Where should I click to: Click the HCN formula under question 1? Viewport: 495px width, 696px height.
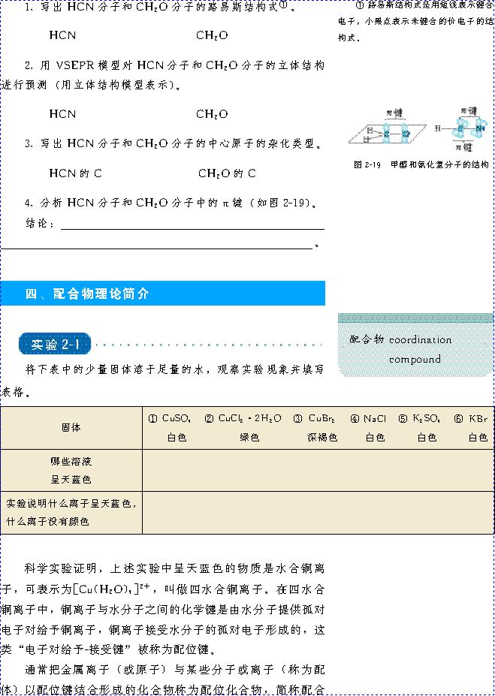tap(62, 35)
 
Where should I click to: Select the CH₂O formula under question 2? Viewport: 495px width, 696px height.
tap(212, 114)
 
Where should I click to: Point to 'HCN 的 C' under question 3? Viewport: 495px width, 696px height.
tap(75, 173)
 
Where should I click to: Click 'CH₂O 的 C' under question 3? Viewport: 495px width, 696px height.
tap(227, 173)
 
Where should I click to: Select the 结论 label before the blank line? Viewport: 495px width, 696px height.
tap(40, 224)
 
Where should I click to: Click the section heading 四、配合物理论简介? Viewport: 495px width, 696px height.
tap(87, 294)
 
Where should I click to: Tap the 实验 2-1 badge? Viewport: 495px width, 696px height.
tap(56, 345)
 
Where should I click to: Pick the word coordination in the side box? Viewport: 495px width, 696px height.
tap(420, 339)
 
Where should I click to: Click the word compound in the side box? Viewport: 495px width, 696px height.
tap(415, 359)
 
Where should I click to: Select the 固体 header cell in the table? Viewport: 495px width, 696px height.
tap(71, 427)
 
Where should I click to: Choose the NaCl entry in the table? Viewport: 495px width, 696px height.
tap(370, 418)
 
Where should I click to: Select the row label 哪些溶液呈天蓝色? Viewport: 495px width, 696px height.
tap(71, 469)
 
